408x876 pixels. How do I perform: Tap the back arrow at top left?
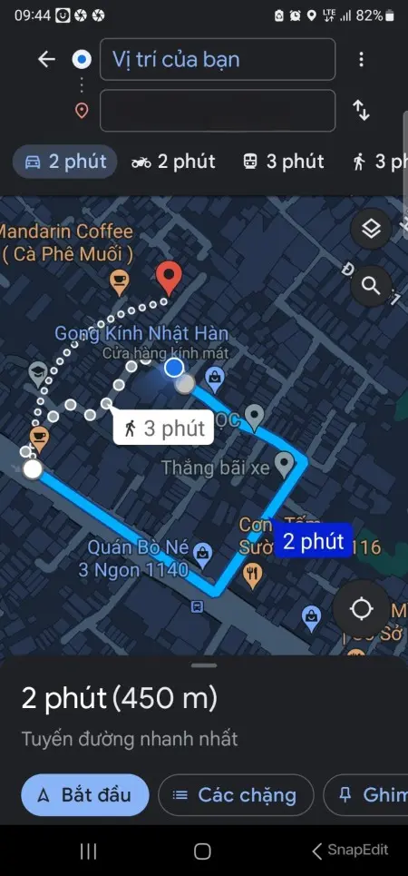tap(46, 60)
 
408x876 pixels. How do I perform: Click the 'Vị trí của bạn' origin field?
tap(218, 60)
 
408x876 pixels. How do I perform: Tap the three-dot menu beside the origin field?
tap(361, 60)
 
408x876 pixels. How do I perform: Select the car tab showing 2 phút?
tap(65, 162)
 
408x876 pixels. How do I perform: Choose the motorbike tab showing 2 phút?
tap(173, 162)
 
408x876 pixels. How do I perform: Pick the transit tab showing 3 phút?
tap(283, 162)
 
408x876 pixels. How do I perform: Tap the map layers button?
tap(370, 229)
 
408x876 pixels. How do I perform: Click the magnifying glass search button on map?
tap(370, 286)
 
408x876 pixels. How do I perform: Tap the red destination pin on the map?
tap(167, 276)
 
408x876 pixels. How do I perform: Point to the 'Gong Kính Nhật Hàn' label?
tap(141, 333)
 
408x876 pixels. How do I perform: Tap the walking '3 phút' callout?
tap(164, 428)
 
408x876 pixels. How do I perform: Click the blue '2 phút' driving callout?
tap(313, 542)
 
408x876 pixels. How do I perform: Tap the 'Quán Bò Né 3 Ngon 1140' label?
tap(139, 559)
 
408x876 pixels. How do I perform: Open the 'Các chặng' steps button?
tap(236, 795)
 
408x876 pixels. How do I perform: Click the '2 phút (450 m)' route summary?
tap(120, 699)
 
